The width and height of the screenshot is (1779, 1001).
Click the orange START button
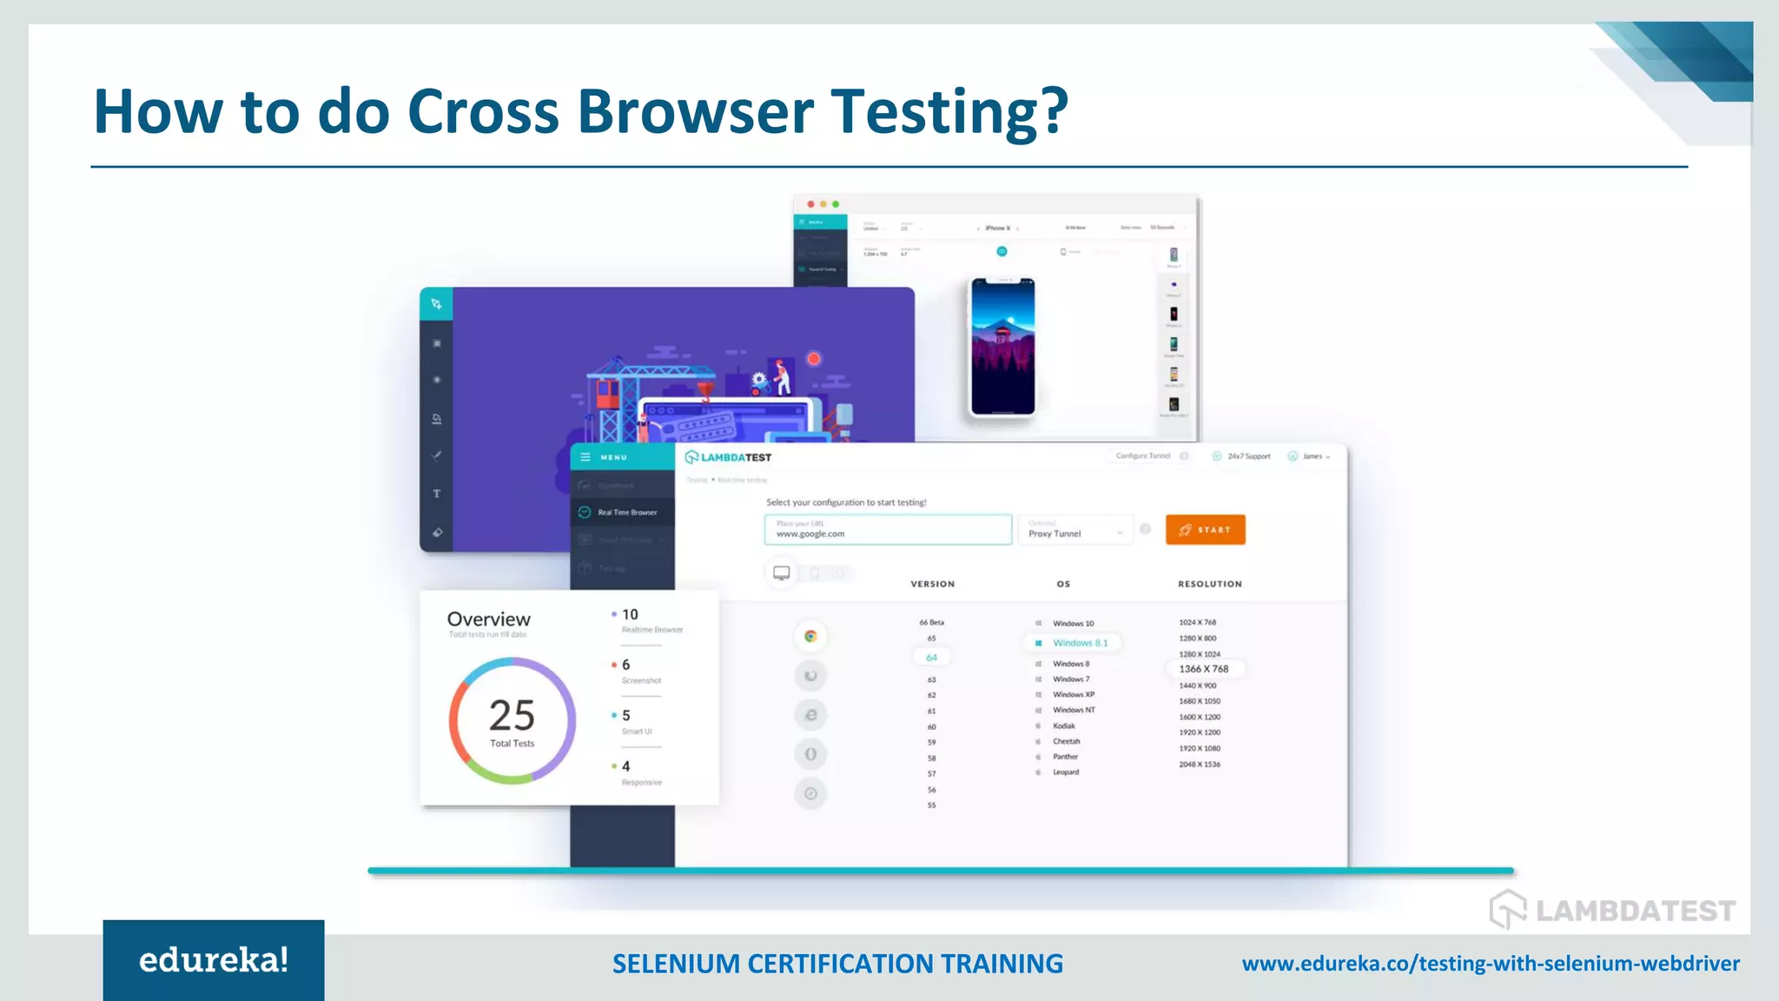point(1205,529)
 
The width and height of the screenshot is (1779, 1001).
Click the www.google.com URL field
point(888,529)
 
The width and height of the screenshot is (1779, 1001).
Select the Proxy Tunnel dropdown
point(1075,531)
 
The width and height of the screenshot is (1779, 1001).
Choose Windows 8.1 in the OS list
point(1080,643)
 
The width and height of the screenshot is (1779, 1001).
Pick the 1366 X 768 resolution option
point(1203,669)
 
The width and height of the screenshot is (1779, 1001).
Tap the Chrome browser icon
point(810,636)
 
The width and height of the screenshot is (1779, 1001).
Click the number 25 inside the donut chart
point(512,715)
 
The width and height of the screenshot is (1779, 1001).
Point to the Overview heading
point(488,619)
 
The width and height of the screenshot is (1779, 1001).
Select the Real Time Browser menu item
point(626,513)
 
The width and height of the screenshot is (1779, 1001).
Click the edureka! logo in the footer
point(214,960)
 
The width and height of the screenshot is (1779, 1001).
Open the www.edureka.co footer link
point(1491,964)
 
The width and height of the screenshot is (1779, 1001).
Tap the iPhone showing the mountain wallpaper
point(1002,348)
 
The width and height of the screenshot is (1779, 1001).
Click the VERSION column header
point(932,584)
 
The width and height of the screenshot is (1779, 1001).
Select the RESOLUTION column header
point(1209,584)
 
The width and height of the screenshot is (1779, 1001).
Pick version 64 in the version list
point(931,658)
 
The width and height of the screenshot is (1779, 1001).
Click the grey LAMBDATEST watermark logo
point(1612,910)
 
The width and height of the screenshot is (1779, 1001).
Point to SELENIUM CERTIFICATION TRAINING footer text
point(837,964)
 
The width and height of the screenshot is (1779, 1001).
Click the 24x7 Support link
point(1247,456)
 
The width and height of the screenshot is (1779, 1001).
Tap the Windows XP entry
point(1073,695)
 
